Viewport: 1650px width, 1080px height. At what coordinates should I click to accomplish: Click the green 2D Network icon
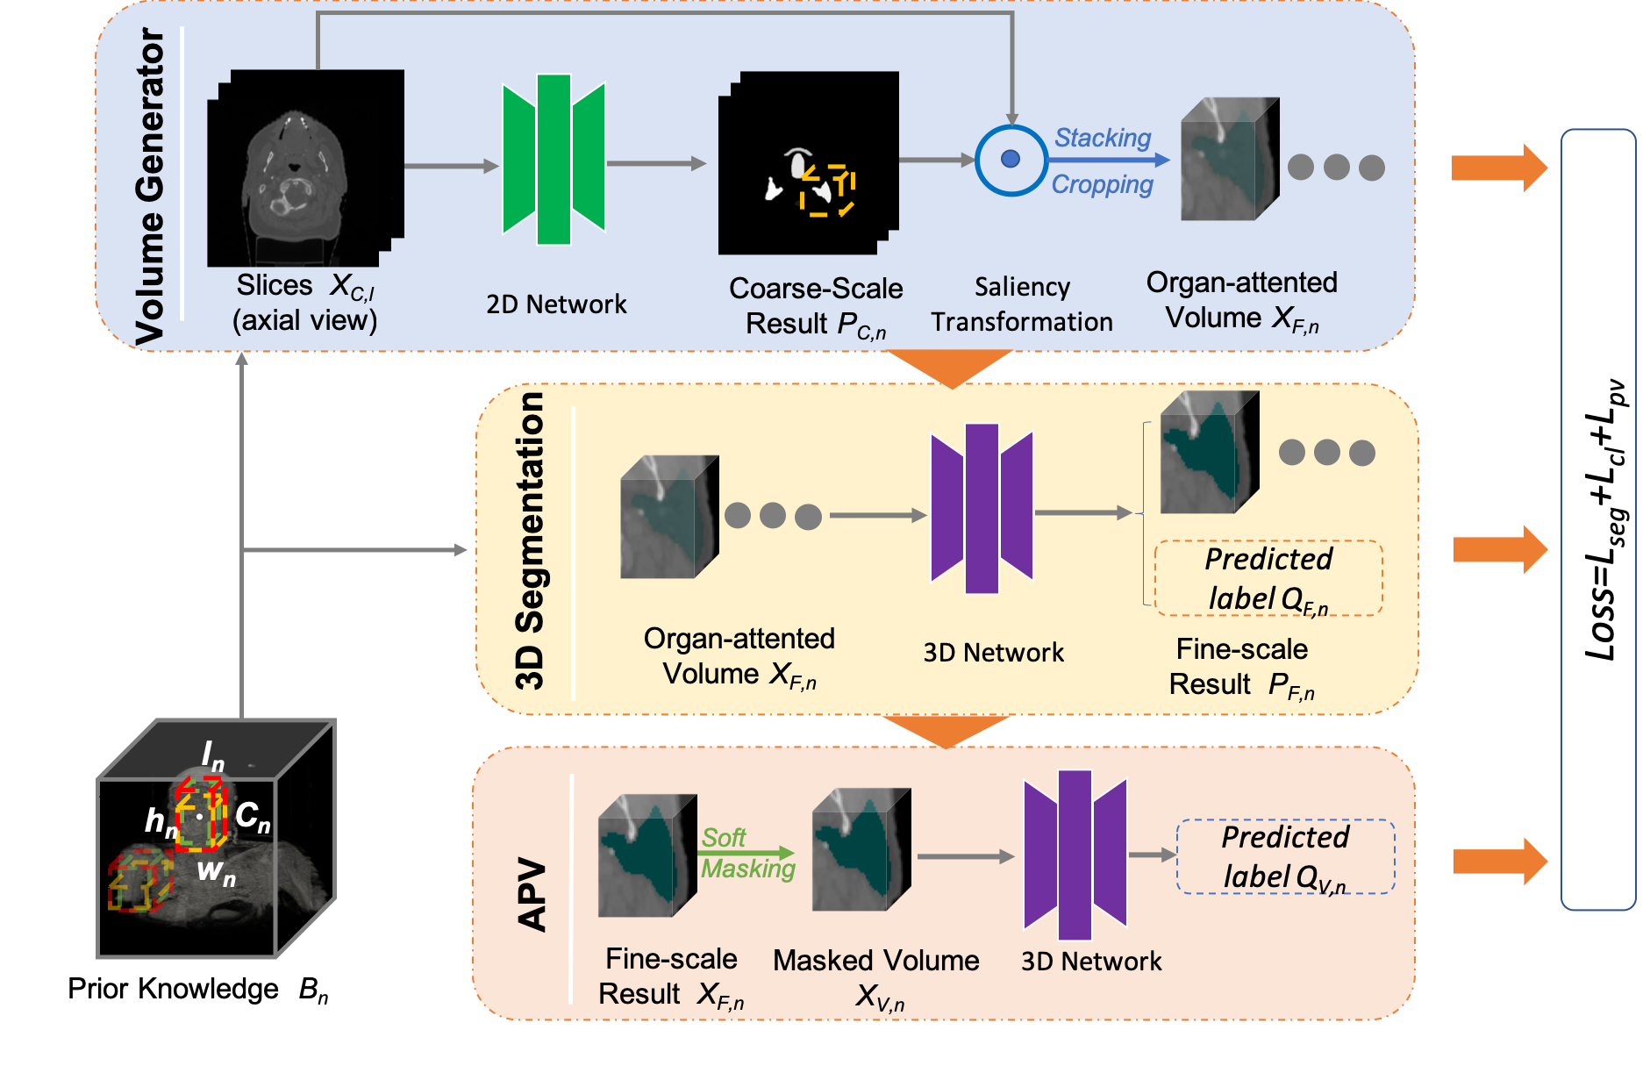(x=554, y=160)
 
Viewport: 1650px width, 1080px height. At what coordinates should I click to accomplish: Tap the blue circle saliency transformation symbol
(x=1011, y=160)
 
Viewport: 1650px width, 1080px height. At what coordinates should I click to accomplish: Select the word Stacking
(x=1102, y=138)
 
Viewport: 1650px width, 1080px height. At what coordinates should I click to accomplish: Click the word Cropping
(x=1102, y=185)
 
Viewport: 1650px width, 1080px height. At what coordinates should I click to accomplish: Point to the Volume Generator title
(x=150, y=186)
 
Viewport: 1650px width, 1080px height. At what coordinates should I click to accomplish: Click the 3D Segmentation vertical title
(x=530, y=541)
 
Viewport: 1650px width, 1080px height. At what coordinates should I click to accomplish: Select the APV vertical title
(x=532, y=894)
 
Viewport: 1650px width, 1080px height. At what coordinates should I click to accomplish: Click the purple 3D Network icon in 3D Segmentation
(x=982, y=509)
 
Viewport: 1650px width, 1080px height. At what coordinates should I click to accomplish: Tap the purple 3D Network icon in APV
(x=1075, y=855)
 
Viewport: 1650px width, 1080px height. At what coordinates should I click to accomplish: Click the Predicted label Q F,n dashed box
(x=1268, y=578)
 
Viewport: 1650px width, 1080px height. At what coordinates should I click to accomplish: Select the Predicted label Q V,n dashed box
(x=1285, y=856)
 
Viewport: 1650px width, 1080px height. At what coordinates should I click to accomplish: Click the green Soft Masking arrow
(x=748, y=853)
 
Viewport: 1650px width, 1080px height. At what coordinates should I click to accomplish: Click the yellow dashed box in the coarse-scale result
(x=827, y=190)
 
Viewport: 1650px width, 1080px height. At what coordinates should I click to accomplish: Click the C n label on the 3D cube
(x=253, y=816)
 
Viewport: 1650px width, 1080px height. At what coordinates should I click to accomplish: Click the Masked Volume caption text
(x=875, y=961)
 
